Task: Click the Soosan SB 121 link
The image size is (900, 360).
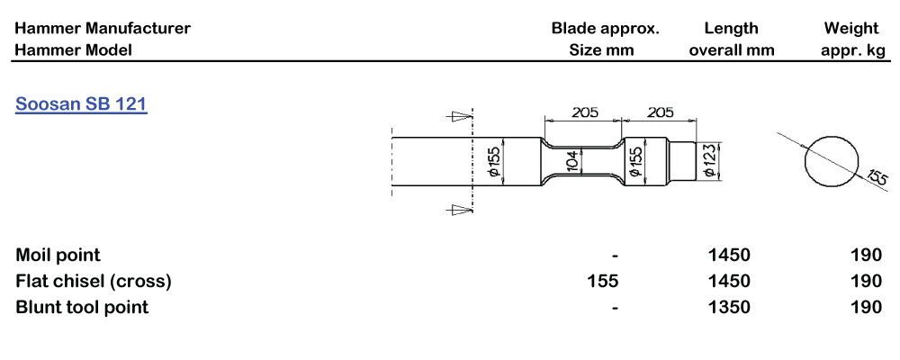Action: tap(81, 104)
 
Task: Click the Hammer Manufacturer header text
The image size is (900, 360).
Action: tap(103, 28)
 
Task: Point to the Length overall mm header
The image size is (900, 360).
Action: tap(731, 40)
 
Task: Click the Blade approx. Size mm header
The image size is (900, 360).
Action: tap(604, 40)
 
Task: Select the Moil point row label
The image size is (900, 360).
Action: tap(58, 256)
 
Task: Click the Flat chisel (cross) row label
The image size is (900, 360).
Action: tap(94, 281)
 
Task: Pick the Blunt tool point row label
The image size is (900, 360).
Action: tap(82, 307)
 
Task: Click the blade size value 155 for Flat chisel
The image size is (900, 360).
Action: tap(602, 281)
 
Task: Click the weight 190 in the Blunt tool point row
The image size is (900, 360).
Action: tap(865, 307)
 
